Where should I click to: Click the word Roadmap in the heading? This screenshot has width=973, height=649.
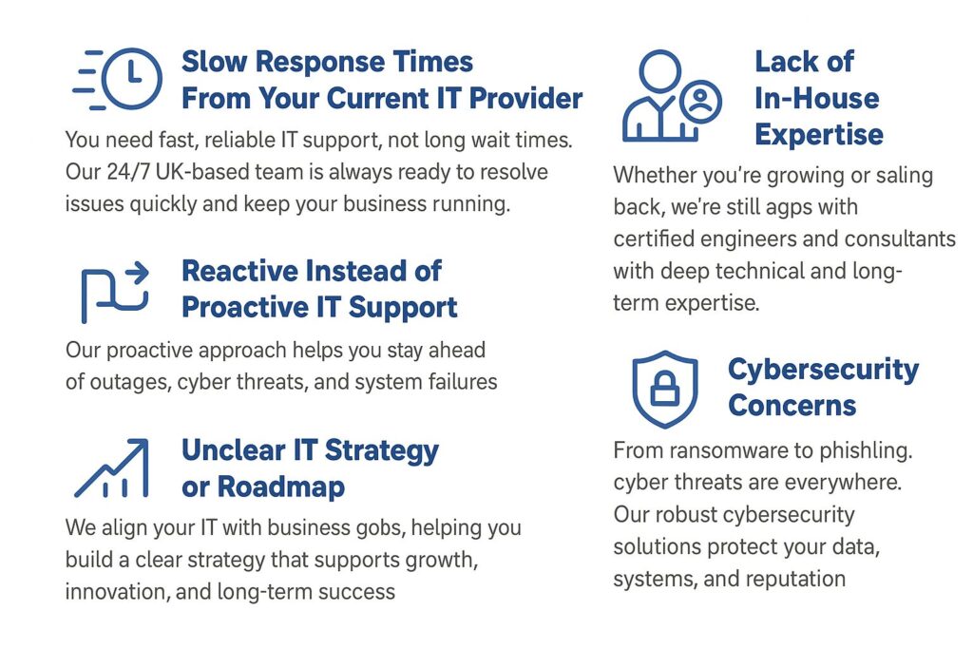tap(281, 487)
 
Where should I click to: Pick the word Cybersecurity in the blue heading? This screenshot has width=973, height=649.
tap(824, 371)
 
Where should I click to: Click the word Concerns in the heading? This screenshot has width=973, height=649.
tap(792, 406)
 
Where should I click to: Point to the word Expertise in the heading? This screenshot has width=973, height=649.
tap(819, 135)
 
